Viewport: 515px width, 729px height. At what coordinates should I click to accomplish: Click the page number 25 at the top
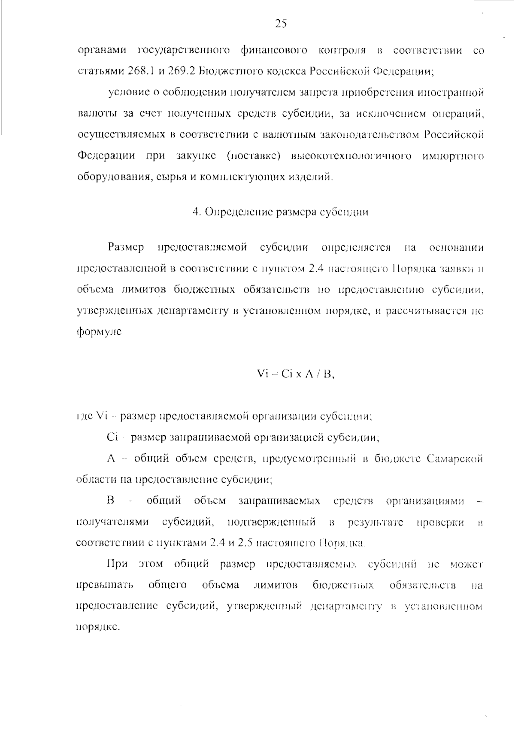[x=281, y=24]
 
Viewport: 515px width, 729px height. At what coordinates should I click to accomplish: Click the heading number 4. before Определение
[x=197, y=212]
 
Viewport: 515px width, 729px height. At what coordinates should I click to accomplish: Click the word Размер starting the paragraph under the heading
[x=126, y=248]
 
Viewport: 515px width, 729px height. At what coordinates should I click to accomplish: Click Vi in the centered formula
[x=262, y=374]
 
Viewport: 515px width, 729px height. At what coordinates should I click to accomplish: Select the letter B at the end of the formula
[x=327, y=374]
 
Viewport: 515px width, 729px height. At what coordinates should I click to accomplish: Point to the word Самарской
[x=455, y=459]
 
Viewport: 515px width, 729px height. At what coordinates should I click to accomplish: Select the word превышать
[x=104, y=585]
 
